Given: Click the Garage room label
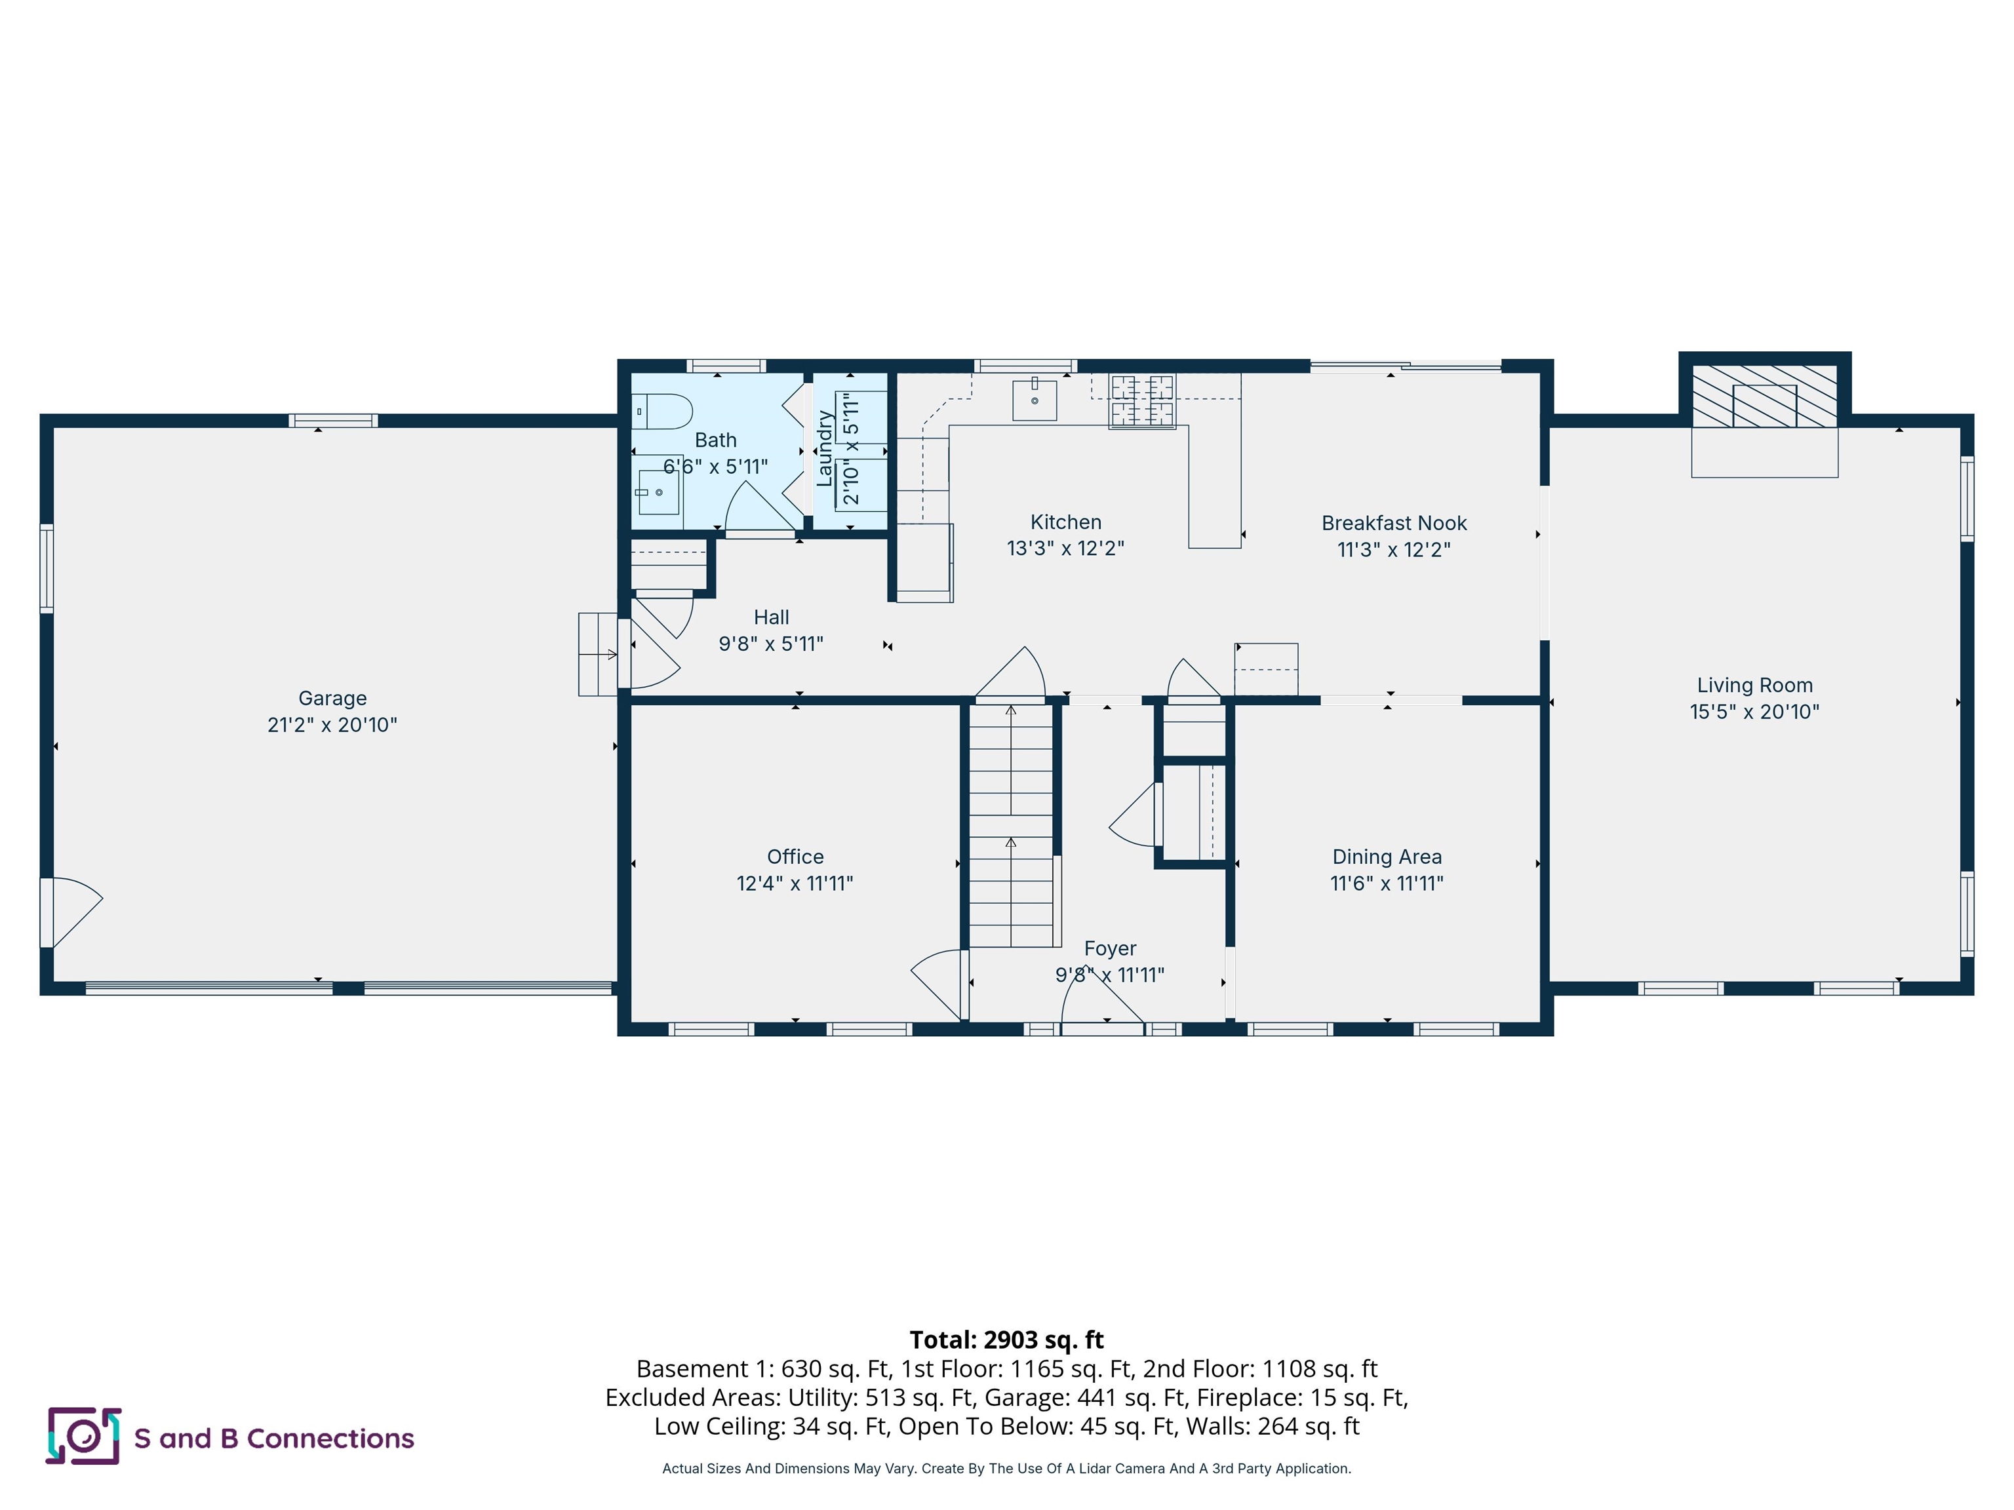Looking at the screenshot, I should click(332, 698).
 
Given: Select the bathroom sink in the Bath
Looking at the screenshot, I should click(658, 492).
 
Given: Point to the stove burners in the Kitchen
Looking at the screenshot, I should click(1142, 400).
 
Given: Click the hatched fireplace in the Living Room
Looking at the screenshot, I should click(1764, 397).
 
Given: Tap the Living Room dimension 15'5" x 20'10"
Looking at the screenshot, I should click(1754, 712).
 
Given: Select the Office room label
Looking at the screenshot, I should click(795, 857).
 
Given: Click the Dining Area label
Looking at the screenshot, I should click(1387, 857).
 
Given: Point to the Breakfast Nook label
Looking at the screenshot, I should click(1394, 524).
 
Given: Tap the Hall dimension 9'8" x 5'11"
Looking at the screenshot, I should click(771, 644).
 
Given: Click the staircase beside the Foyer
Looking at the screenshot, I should click(1011, 824).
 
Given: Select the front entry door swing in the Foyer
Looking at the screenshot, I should click(1101, 1006).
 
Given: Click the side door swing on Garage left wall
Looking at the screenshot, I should click(73, 910).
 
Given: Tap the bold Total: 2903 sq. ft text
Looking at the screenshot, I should click(1006, 1340).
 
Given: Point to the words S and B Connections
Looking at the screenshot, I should click(274, 1438).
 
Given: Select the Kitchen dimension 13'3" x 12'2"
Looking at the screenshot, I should click(1065, 548).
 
